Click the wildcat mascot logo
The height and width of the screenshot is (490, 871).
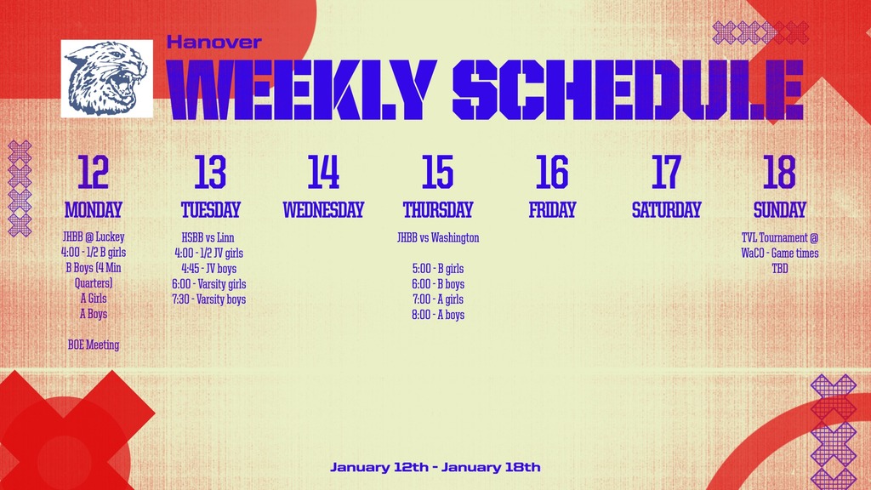click(x=106, y=78)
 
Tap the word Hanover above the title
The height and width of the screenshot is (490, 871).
click(x=213, y=43)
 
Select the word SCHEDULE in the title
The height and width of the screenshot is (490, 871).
click(x=629, y=90)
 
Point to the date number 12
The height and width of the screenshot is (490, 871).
click(x=93, y=172)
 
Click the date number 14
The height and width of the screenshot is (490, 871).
click(x=323, y=172)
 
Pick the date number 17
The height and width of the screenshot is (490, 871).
click(x=666, y=172)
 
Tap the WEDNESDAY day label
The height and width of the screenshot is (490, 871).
click(x=323, y=210)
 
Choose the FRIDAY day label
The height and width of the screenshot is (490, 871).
click(x=552, y=210)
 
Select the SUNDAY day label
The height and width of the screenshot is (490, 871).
click(x=779, y=210)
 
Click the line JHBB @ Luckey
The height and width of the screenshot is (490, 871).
click(x=94, y=236)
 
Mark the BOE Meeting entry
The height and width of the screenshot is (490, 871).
click(x=94, y=345)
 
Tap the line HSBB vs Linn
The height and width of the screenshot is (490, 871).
click(x=208, y=238)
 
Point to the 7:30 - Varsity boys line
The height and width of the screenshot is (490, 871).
click(x=209, y=299)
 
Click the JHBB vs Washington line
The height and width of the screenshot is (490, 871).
click(x=438, y=238)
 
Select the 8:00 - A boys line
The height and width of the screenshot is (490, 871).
click(x=438, y=315)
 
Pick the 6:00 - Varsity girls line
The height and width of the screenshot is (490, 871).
click(x=209, y=284)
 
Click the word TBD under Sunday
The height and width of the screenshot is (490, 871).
click(x=780, y=268)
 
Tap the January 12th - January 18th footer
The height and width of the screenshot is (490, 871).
click(x=435, y=467)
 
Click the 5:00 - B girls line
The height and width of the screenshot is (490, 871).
click(x=438, y=268)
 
